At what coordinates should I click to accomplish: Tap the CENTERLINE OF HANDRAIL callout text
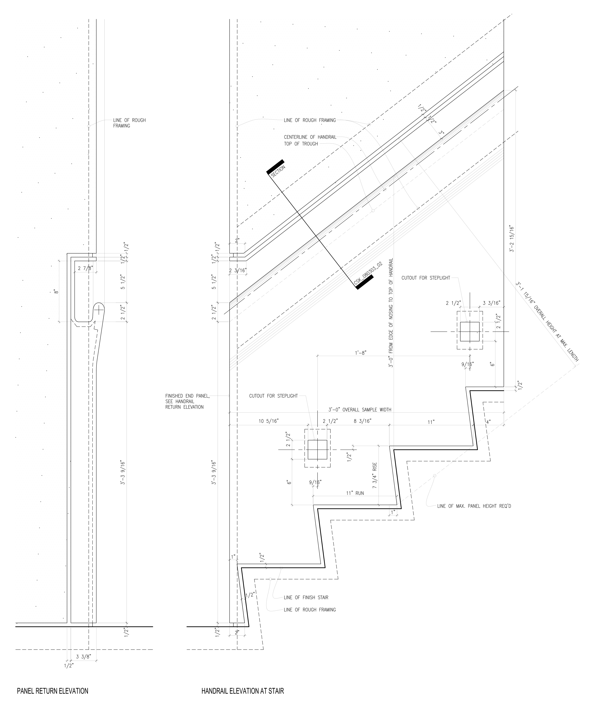point(310,137)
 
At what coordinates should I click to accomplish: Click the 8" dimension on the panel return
point(56,291)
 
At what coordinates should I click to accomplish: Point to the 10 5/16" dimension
point(269,421)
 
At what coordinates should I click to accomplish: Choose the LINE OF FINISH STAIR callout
point(306,597)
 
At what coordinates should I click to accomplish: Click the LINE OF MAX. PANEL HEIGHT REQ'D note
point(474,506)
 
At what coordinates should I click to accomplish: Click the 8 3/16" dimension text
point(363,421)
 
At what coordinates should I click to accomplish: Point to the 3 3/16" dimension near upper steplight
point(492,303)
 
